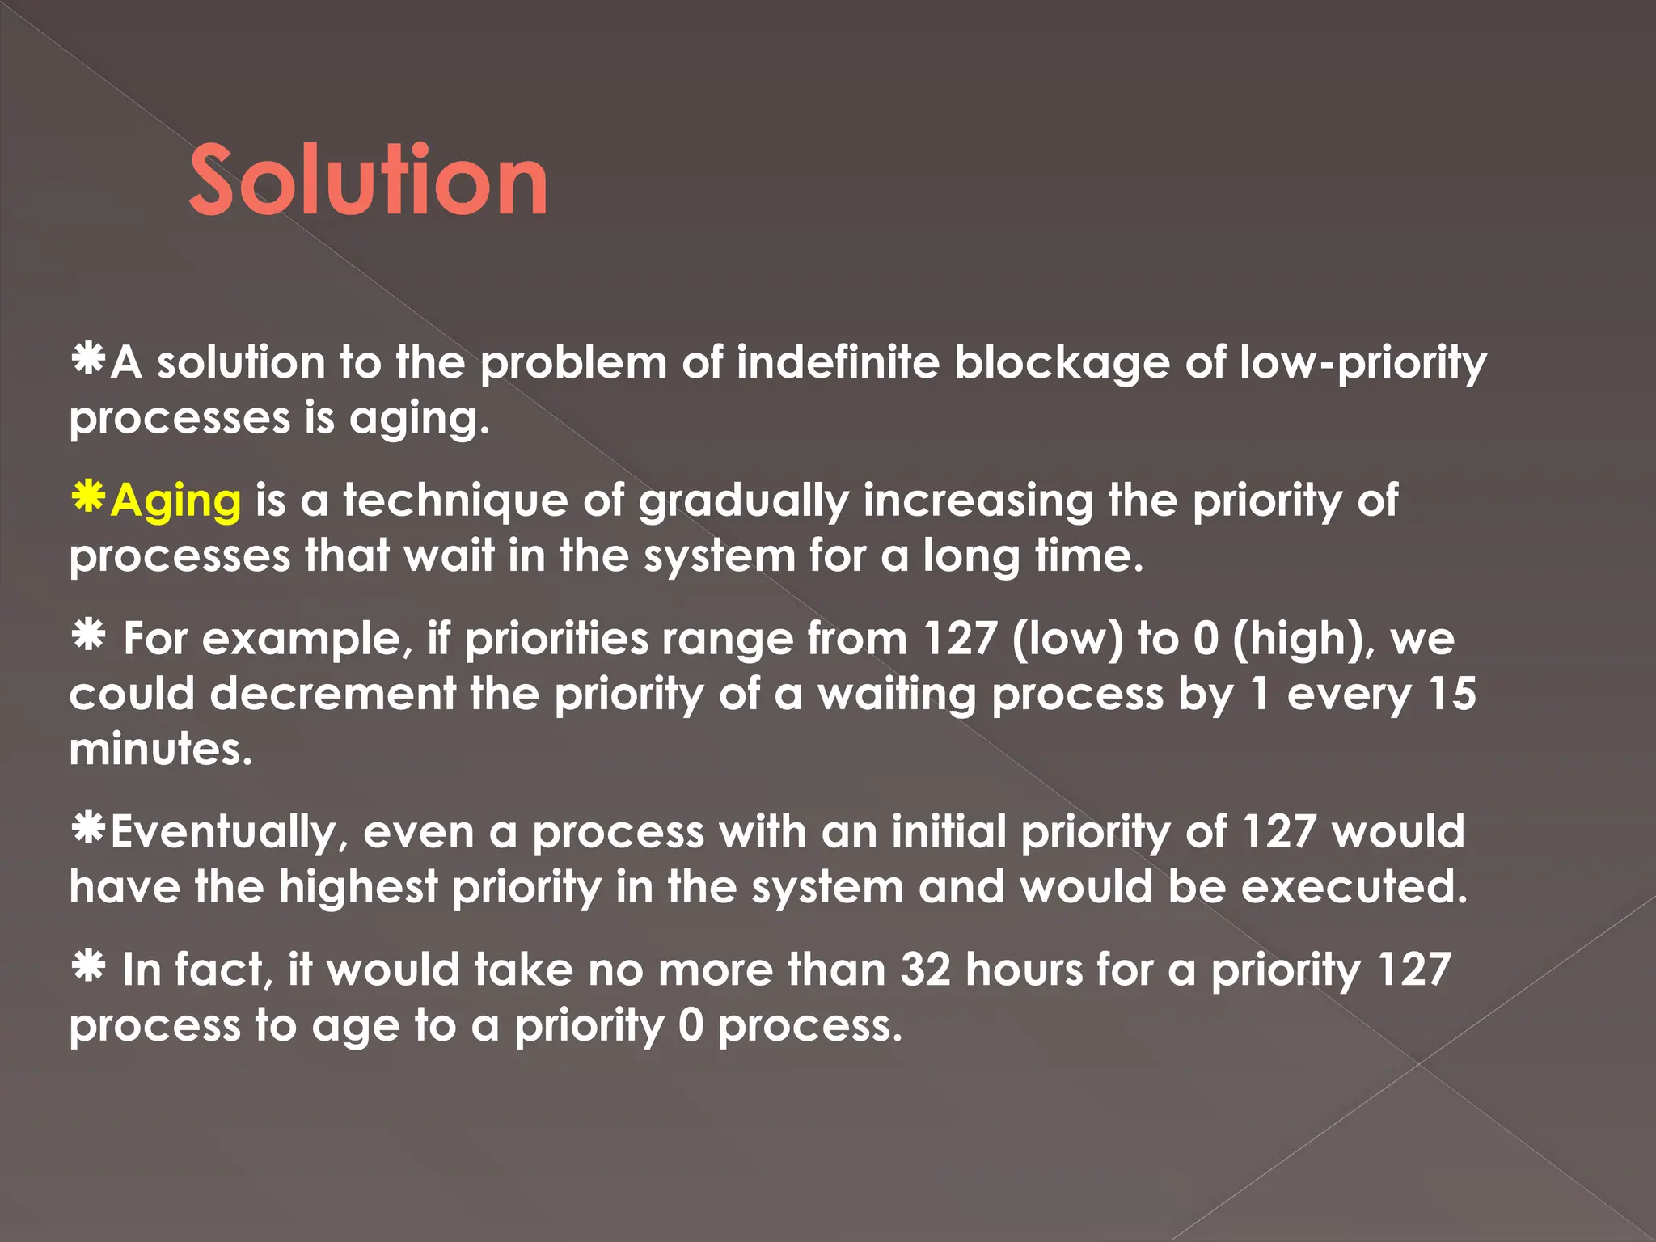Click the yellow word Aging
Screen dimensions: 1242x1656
click(x=175, y=501)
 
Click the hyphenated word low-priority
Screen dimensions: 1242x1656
click(x=1363, y=363)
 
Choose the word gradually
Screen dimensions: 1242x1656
click(x=743, y=501)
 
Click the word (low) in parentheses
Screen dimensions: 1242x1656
click(x=1067, y=639)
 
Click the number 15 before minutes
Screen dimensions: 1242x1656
click(x=1452, y=694)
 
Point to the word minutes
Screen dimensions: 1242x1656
click(x=161, y=749)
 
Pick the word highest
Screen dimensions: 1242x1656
click(x=358, y=887)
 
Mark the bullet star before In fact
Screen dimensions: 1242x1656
click(x=87, y=965)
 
